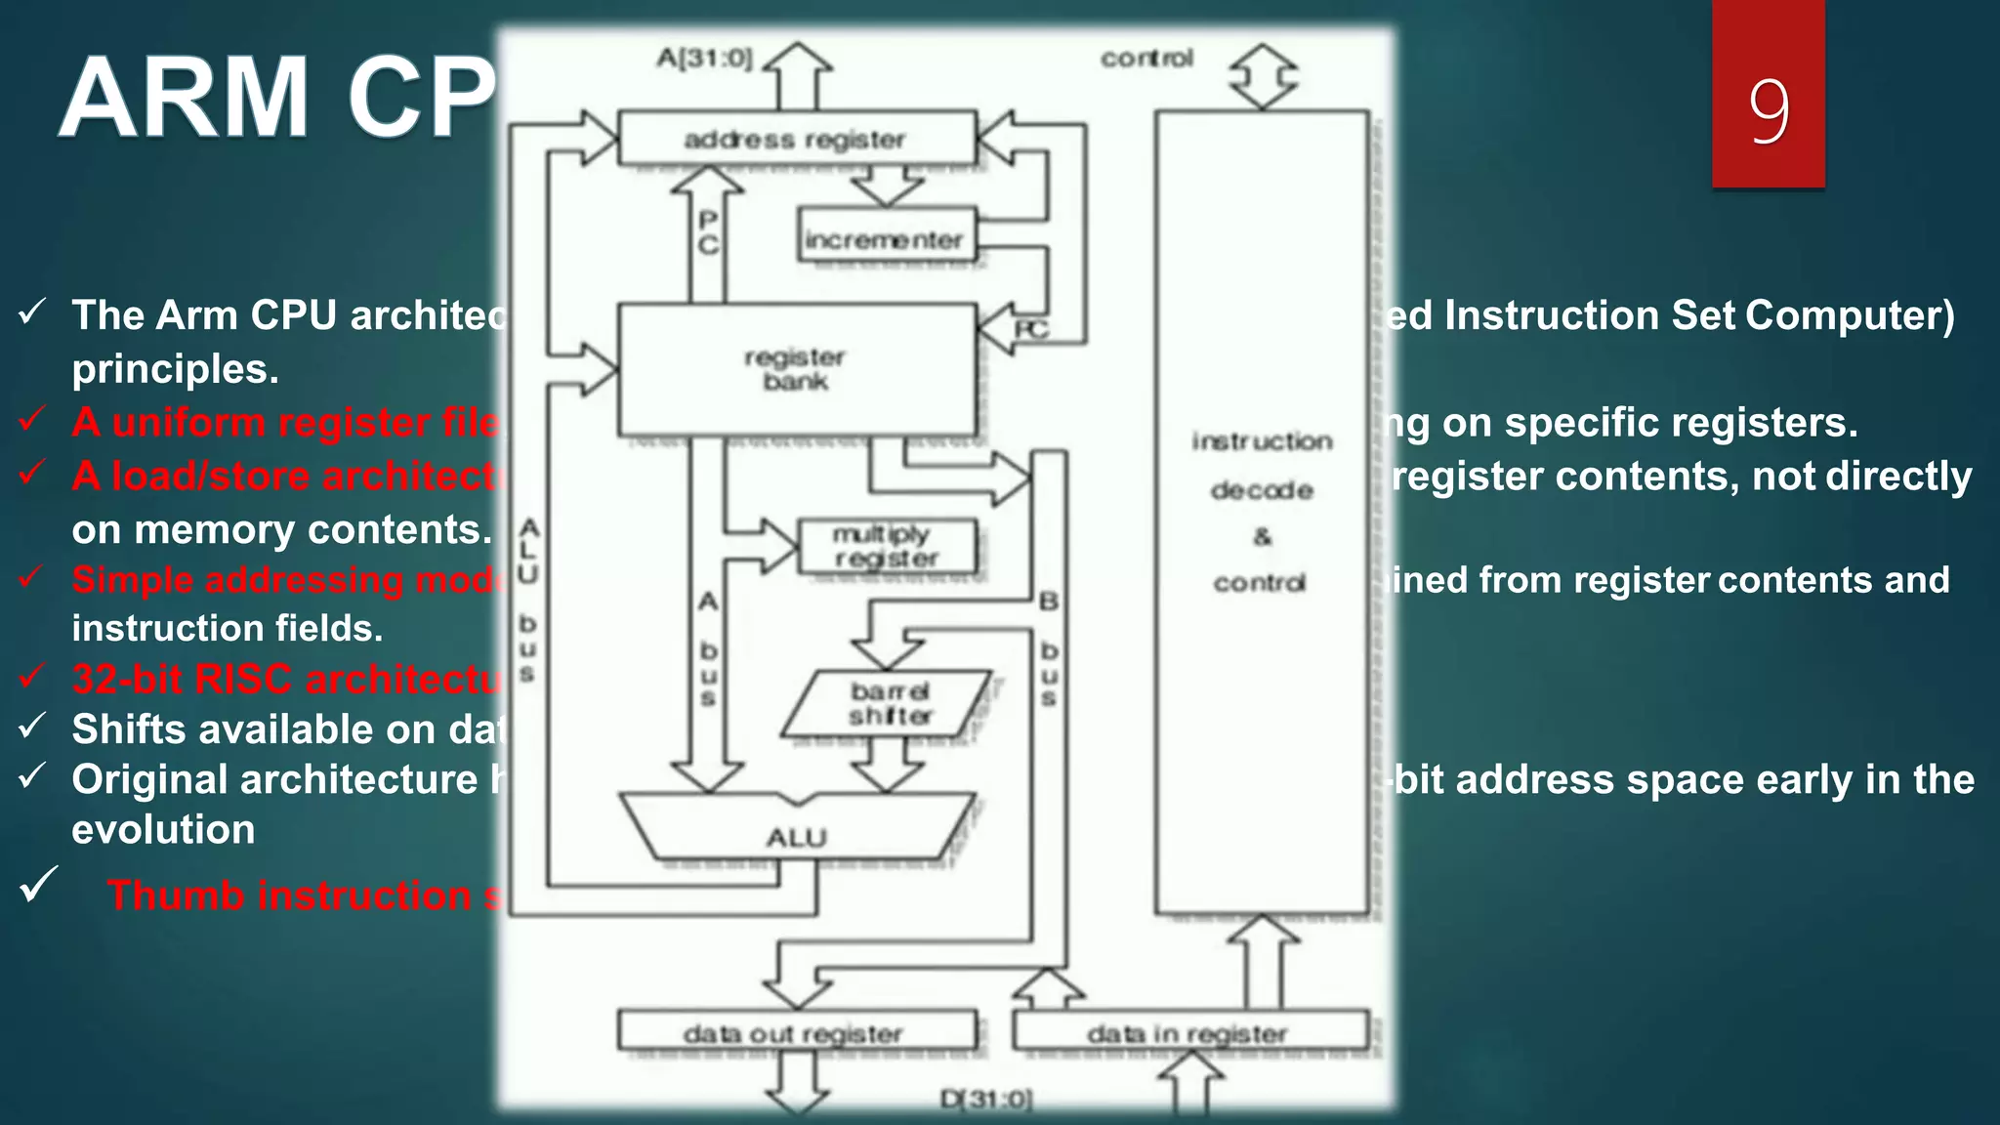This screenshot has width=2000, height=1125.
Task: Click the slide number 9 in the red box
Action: pos(1769,109)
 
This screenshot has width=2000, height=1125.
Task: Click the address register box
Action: pos(796,139)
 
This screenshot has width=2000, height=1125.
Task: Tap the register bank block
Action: pos(796,369)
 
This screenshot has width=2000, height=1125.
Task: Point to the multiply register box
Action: pos(886,546)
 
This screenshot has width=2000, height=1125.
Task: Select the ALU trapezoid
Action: pos(796,830)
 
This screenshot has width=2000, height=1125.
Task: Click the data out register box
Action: pos(796,1031)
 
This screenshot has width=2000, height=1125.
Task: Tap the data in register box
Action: pos(1188,1031)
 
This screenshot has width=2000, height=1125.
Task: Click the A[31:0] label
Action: pos(704,59)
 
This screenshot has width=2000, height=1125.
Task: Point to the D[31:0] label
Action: pos(985,1099)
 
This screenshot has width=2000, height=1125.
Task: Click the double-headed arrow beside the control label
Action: pos(1263,75)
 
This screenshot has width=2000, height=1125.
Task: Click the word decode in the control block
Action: pos(1262,489)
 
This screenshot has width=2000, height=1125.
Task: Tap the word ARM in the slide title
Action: pos(184,98)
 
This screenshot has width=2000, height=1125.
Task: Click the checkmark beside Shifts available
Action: pos(33,726)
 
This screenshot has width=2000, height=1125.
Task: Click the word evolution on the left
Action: pos(163,829)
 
